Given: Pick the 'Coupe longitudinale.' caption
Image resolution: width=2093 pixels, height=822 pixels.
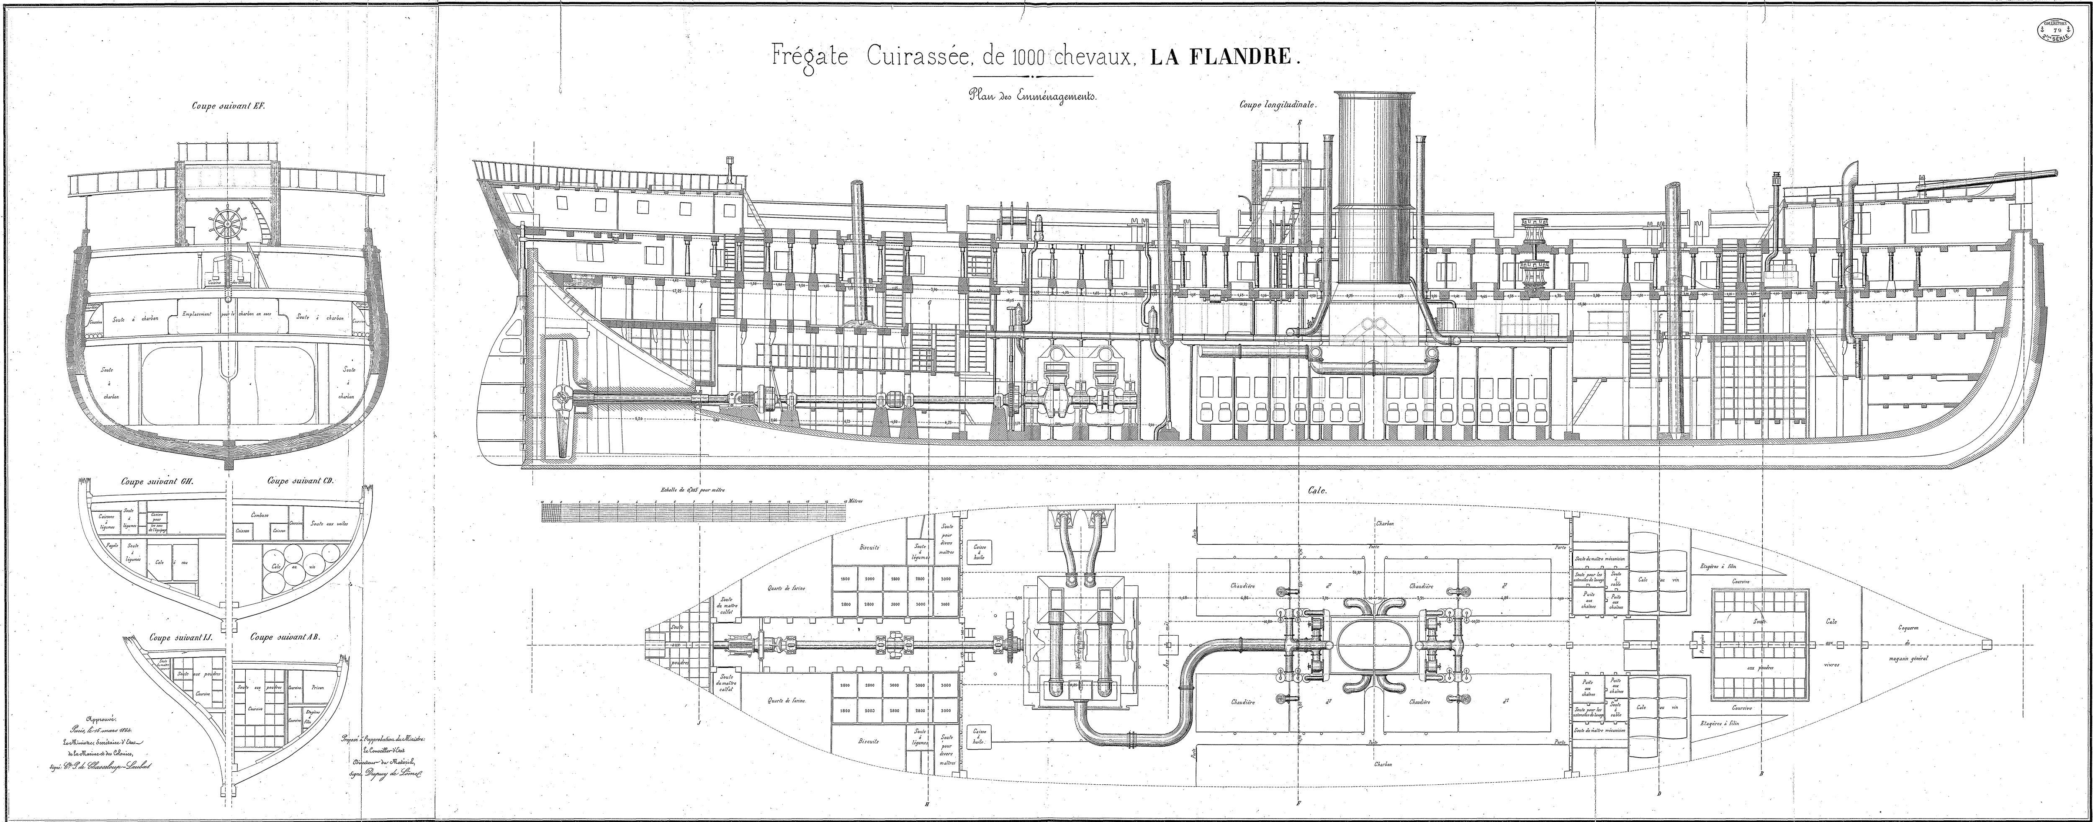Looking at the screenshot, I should [x=1276, y=104].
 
